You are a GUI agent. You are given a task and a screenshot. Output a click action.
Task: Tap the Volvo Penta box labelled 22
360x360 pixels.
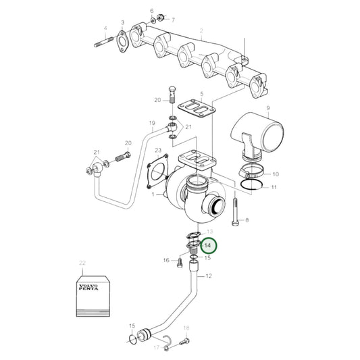click(91, 293)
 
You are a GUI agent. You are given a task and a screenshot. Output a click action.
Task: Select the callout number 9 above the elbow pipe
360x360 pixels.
click(267, 108)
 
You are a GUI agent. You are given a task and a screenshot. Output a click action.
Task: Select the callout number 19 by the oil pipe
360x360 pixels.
click(152, 124)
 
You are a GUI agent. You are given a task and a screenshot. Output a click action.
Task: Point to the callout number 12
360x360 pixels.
click(209, 276)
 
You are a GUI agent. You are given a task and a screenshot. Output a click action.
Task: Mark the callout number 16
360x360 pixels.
click(165, 259)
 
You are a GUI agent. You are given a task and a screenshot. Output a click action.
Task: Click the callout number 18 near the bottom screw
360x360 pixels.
click(187, 328)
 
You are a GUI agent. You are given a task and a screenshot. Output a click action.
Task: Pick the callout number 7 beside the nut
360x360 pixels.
click(173, 19)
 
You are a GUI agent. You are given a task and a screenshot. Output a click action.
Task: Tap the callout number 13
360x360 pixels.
click(209, 231)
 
